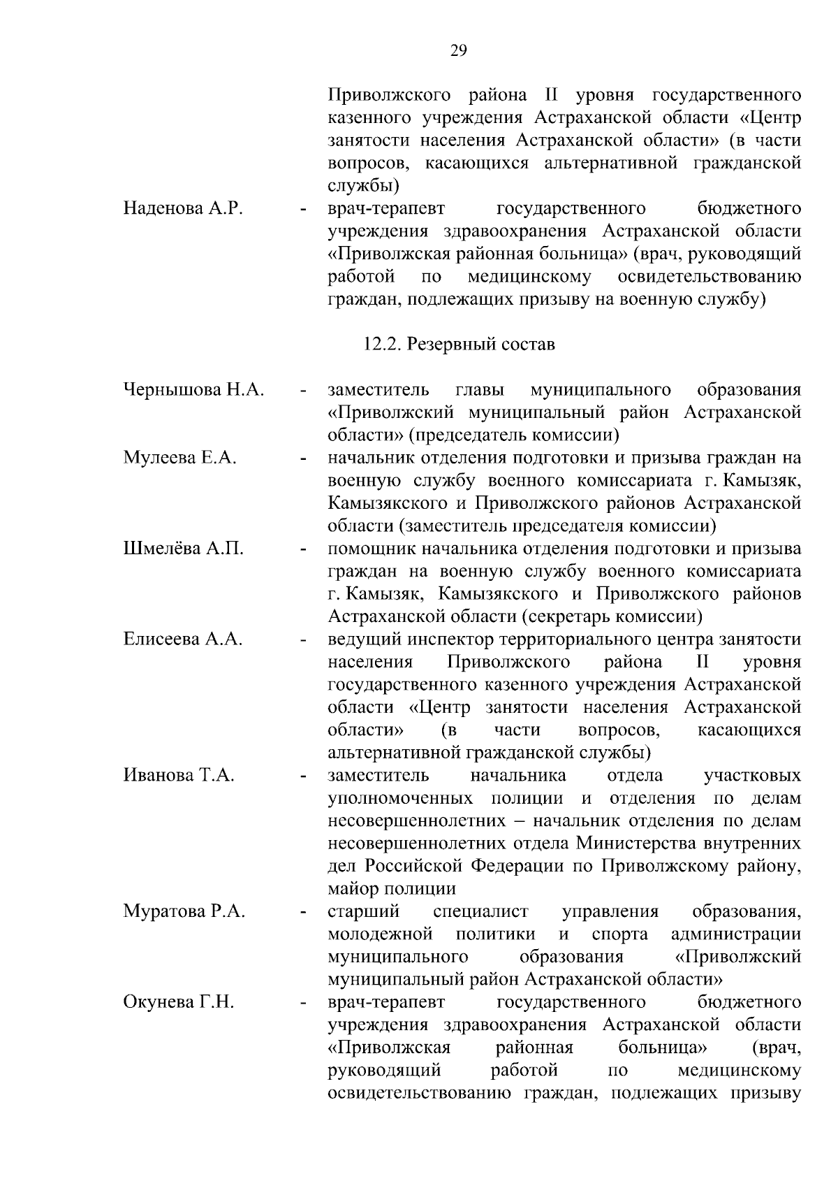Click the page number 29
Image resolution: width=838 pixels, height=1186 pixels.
click(459, 50)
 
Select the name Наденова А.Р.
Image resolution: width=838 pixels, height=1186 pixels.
click(183, 208)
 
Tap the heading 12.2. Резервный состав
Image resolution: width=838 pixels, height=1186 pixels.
click(459, 345)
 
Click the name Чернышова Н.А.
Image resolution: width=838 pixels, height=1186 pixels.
click(193, 389)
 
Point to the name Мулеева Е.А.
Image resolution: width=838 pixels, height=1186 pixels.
click(180, 458)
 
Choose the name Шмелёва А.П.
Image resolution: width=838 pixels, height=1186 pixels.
click(184, 549)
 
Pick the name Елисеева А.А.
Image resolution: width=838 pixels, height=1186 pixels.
click(183, 639)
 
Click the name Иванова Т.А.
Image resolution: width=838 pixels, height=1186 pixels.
click(179, 775)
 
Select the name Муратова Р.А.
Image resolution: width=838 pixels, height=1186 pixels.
click(184, 911)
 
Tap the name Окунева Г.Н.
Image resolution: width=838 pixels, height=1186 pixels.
click(179, 1002)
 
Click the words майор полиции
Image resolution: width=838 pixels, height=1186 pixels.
click(392, 889)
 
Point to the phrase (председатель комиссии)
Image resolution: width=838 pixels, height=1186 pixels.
click(514, 435)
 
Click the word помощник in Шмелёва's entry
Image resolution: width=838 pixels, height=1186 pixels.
click(367, 549)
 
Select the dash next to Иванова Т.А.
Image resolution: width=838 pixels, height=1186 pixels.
click(302, 776)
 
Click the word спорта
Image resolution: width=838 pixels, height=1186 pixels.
click(619, 934)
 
